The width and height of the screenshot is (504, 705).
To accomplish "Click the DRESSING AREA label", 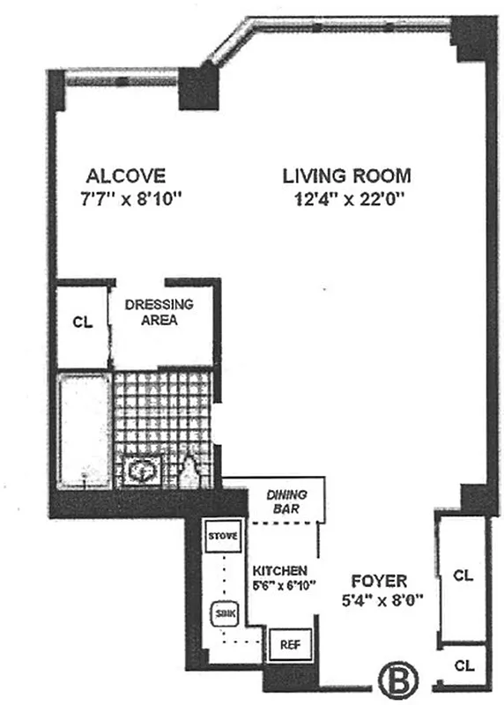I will [x=159, y=312].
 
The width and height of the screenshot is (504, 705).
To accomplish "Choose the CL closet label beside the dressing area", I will [x=82, y=322].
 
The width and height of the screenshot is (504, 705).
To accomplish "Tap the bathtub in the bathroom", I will [x=85, y=429].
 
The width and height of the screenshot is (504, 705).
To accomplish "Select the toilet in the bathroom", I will [x=189, y=472].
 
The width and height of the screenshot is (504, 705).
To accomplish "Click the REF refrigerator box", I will [x=289, y=644].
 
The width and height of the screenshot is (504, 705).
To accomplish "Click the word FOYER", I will [x=378, y=582].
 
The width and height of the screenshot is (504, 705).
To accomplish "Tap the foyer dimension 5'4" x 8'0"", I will [x=378, y=604].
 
